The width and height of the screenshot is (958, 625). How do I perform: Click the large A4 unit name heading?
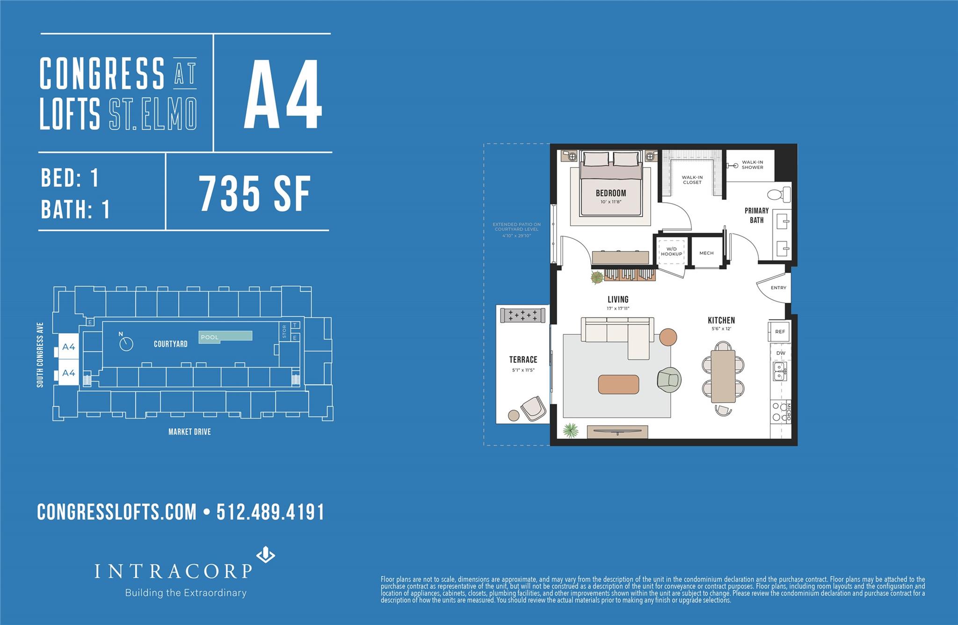[283, 94]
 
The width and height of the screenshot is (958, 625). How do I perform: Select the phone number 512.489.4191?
[270, 512]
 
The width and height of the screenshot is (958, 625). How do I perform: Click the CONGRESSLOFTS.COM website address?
[117, 512]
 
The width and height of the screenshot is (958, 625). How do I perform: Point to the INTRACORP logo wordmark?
[174, 571]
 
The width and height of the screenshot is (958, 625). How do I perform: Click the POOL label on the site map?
[210, 337]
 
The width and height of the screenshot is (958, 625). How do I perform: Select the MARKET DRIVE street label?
[189, 432]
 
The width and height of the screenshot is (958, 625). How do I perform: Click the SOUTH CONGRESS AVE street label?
[40, 354]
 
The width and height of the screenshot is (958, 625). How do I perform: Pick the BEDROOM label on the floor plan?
[611, 193]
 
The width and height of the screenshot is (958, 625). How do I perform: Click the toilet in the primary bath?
[779, 194]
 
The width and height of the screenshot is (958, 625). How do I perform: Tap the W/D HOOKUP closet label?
[672, 251]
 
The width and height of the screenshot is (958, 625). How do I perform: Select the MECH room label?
[706, 253]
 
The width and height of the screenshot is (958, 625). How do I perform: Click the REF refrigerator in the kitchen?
[779, 331]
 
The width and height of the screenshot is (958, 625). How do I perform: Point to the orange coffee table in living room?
[618, 384]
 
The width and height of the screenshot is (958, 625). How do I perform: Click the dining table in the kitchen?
[723, 376]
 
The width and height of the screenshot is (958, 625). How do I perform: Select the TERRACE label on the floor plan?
[523, 360]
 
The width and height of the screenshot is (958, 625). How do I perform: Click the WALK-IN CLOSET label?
[692, 180]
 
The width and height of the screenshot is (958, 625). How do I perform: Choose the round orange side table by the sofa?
[668, 337]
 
